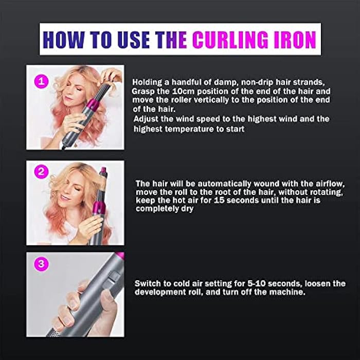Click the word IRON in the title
[x=293, y=39]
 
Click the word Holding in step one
[x=148, y=81]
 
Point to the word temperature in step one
[x=179, y=129]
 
